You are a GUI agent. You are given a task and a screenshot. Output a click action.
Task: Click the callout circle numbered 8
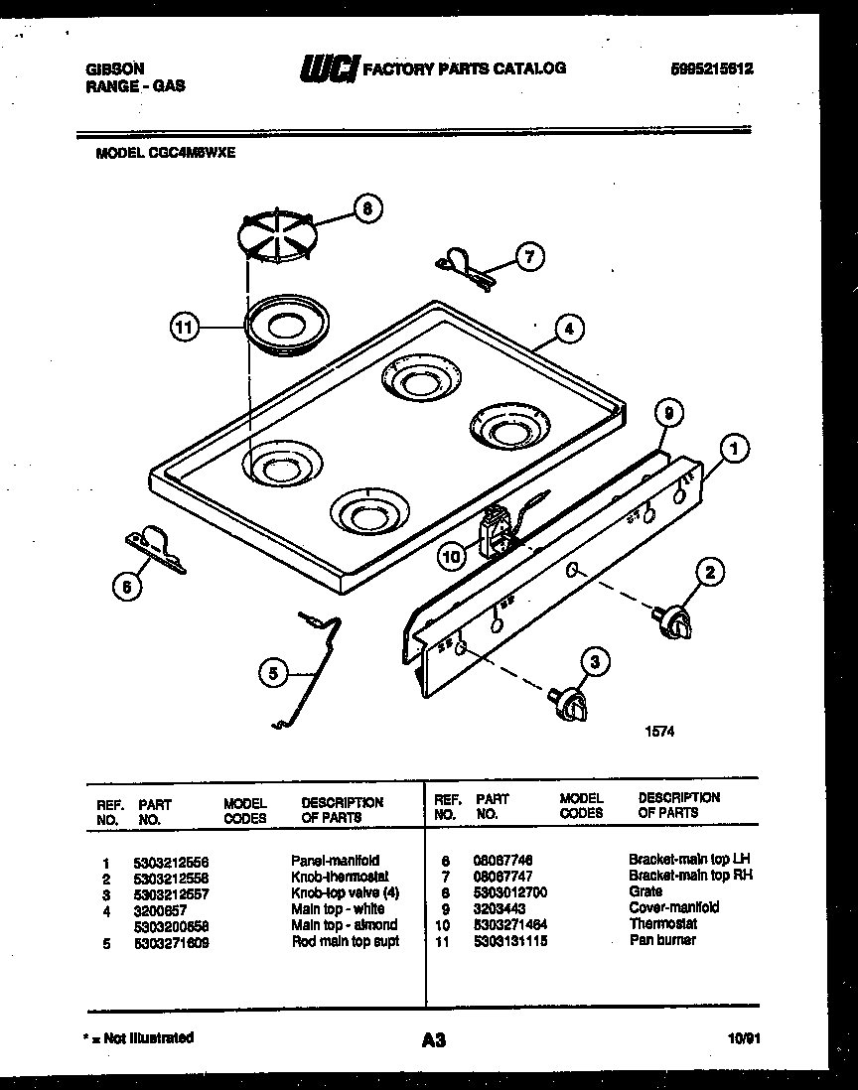coord(366,209)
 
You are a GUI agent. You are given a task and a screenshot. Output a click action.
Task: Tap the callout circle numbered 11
coord(184,326)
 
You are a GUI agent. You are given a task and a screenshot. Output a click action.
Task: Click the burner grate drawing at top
coord(275,239)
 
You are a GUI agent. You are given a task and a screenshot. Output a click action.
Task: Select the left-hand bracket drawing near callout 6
coord(156,549)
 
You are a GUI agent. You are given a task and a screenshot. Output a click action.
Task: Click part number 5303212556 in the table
coord(171,861)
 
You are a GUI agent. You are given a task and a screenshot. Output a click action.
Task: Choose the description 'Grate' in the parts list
coord(645,891)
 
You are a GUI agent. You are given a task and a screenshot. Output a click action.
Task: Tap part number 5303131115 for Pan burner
coord(511,940)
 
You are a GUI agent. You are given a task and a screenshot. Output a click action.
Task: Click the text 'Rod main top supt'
coord(345,940)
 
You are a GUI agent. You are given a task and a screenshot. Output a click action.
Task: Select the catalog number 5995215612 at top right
coord(711,69)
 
